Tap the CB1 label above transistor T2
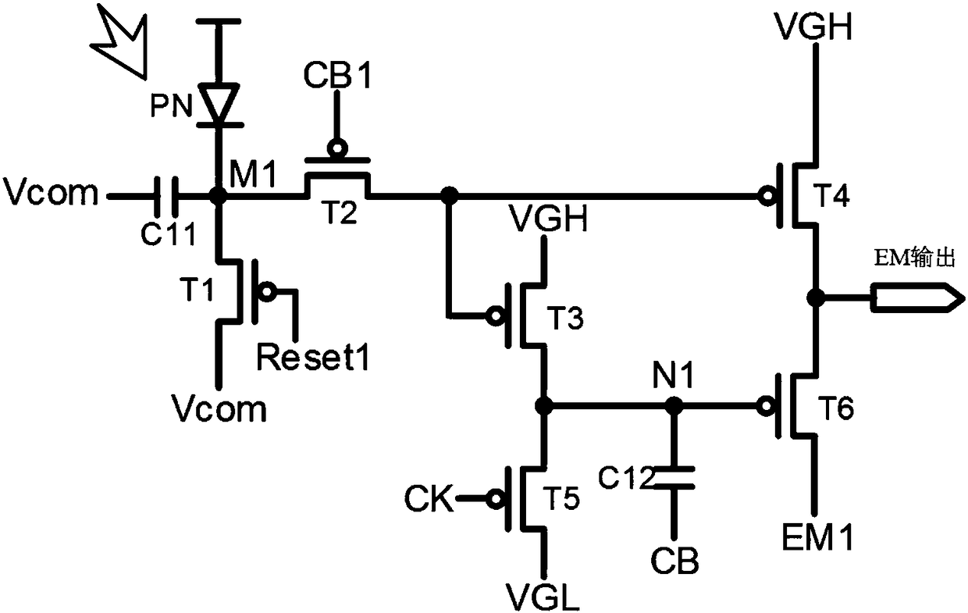pyautogui.click(x=337, y=75)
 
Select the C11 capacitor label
pyautogui.click(x=169, y=233)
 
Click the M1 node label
pyautogui.click(x=253, y=174)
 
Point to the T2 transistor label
pyautogui.click(x=341, y=212)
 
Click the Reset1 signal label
pyautogui.click(x=313, y=357)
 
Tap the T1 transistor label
pyautogui.click(x=197, y=289)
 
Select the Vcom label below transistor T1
pyautogui.click(x=219, y=408)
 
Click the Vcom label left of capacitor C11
pyautogui.click(x=51, y=192)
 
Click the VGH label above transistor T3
pyautogui.click(x=549, y=219)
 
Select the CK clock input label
pyautogui.click(x=429, y=498)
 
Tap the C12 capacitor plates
pyautogui.click(x=674, y=477)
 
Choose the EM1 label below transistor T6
pyautogui.click(x=817, y=537)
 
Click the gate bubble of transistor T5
pyautogui.click(x=495, y=499)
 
